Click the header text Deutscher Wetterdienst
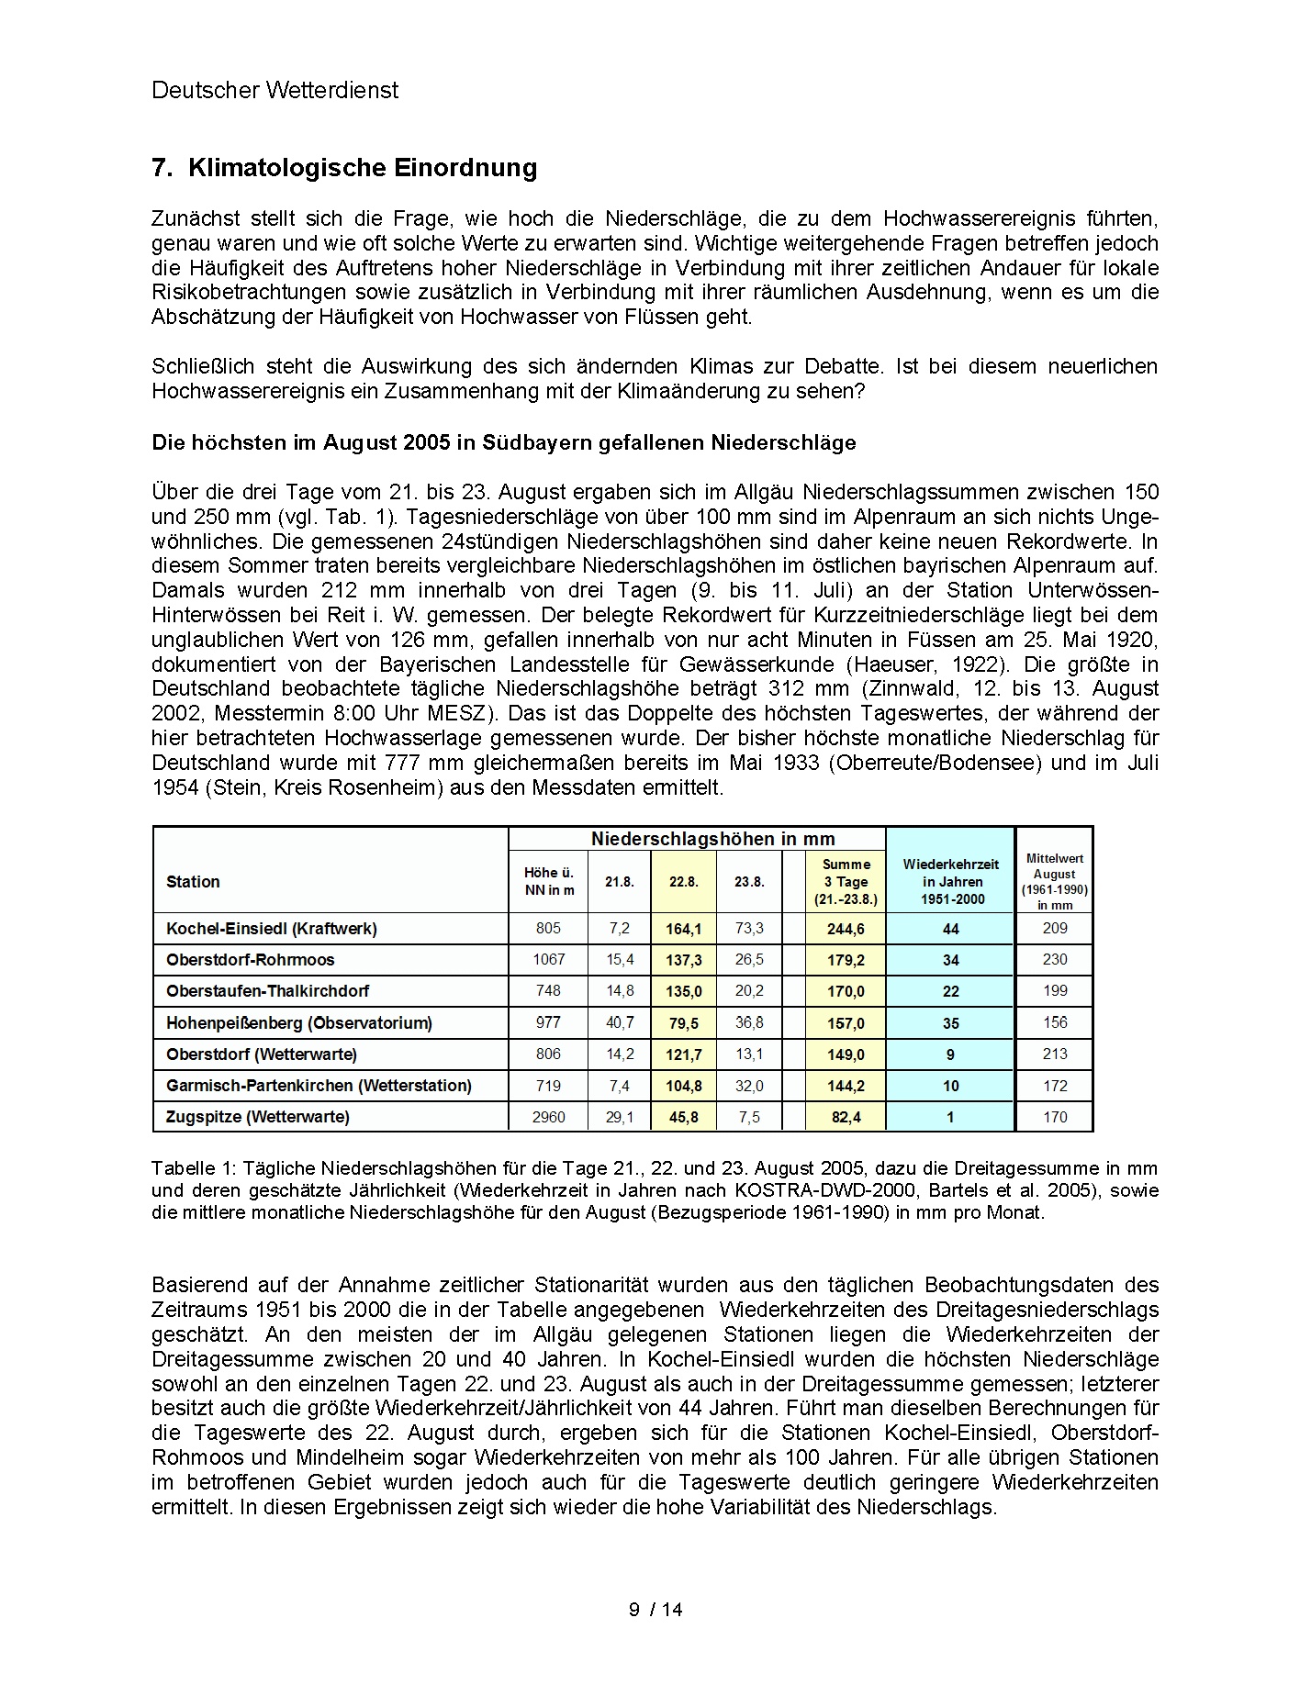275,90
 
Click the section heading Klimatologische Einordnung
362,168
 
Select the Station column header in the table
193,882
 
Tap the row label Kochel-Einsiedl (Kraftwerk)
272,929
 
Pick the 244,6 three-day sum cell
846,929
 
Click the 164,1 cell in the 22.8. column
683,929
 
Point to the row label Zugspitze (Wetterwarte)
258,1117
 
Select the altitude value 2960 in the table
548,1117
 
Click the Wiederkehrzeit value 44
950,929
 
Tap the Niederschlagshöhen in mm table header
712,839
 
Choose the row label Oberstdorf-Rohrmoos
251,960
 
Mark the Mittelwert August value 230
1055,960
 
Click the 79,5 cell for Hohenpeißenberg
683,1022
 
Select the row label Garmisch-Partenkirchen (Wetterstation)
319,1086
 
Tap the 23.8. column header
749,882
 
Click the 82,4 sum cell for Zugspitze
846,1117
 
